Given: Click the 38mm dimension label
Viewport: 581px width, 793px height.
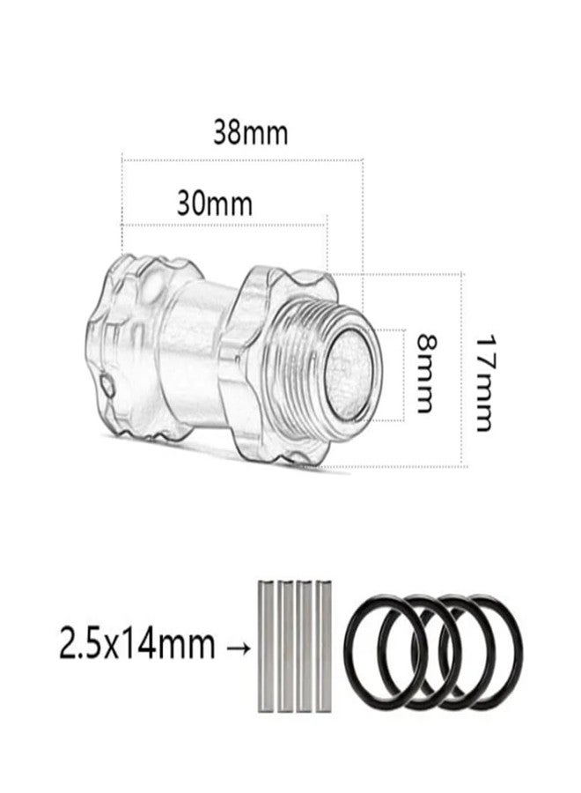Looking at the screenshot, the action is pyautogui.click(x=251, y=133).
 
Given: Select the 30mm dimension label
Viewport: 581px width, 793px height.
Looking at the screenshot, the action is pyautogui.click(x=214, y=204).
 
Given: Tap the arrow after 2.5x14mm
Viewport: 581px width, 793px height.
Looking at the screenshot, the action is pyautogui.click(x=237, y=648).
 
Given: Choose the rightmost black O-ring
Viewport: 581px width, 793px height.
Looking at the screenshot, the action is pyautogui.click(x=519, y=652).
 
